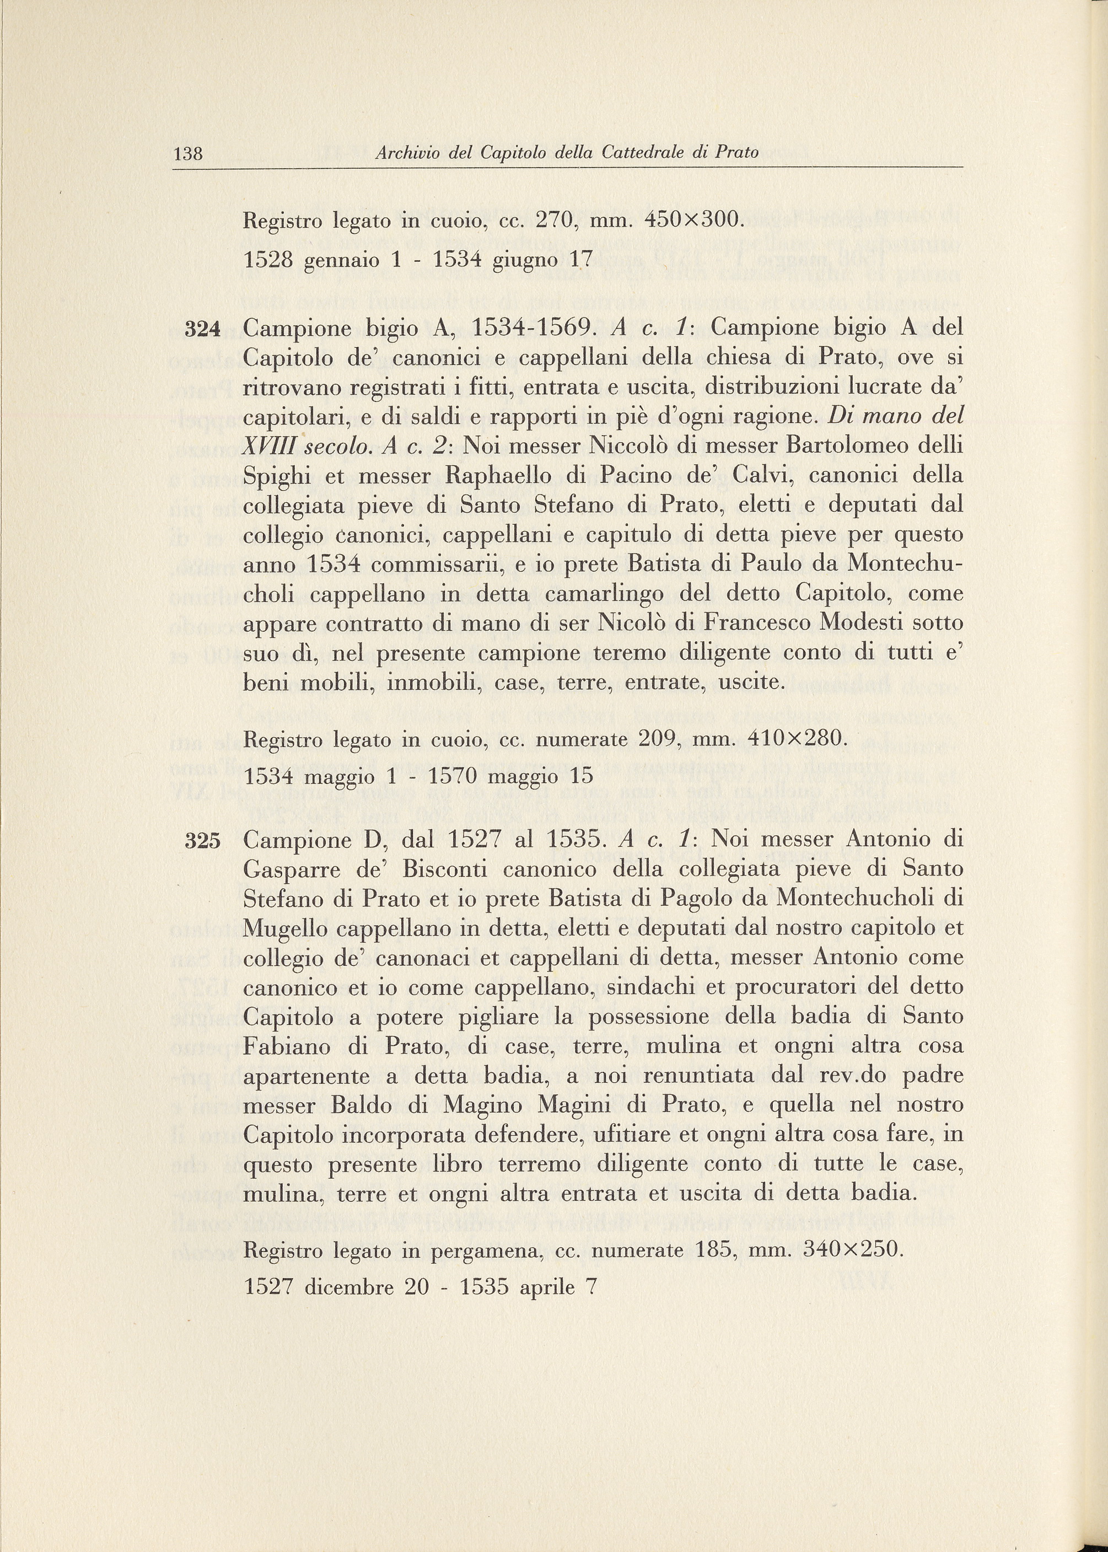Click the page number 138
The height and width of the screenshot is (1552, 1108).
[189, 153]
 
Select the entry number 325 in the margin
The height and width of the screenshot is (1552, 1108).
[202, 841]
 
